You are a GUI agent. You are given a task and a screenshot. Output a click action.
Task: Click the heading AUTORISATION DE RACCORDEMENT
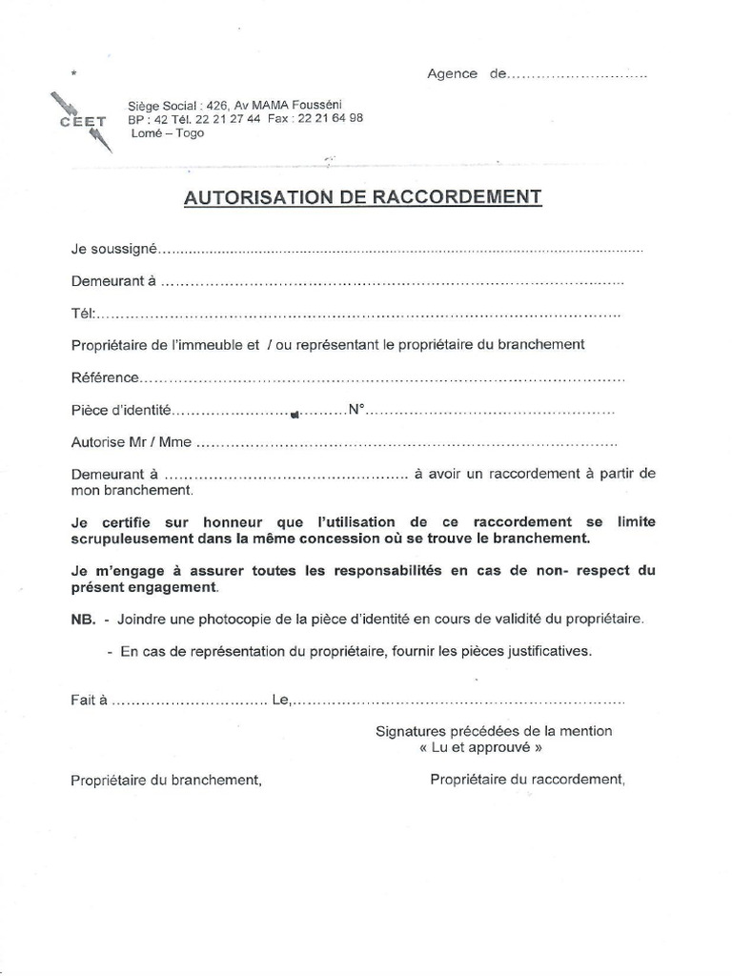(x=363, y=197)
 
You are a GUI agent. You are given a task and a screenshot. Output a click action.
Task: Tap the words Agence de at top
(x=466, y=74)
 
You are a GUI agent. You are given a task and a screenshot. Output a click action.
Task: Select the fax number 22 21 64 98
(x=330, y=119)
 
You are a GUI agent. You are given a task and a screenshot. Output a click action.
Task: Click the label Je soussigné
(x=112, y=249)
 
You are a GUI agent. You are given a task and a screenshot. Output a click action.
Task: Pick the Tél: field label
(x=82, y=315)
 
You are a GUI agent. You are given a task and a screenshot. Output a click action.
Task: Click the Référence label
(x=105, y=378)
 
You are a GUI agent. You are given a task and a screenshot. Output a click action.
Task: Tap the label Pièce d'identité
(x=120, y=411)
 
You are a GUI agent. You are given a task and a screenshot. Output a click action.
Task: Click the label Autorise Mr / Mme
(x=132, y=442)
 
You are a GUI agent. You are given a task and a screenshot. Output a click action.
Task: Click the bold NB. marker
(x=83, y=620)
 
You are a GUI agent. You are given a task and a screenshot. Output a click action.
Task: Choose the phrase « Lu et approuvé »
(x=487, y=748)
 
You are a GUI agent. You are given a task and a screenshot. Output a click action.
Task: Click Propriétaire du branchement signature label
(x=166, y=780)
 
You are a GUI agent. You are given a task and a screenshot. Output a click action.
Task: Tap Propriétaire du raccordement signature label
(x=528, y=779)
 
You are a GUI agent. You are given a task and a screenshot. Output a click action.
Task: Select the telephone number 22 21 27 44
(x=227, y=119)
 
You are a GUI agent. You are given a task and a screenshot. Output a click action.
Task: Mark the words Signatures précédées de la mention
(x=494, y=731)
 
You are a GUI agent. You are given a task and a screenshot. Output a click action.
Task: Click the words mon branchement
(x=132, y=491)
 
